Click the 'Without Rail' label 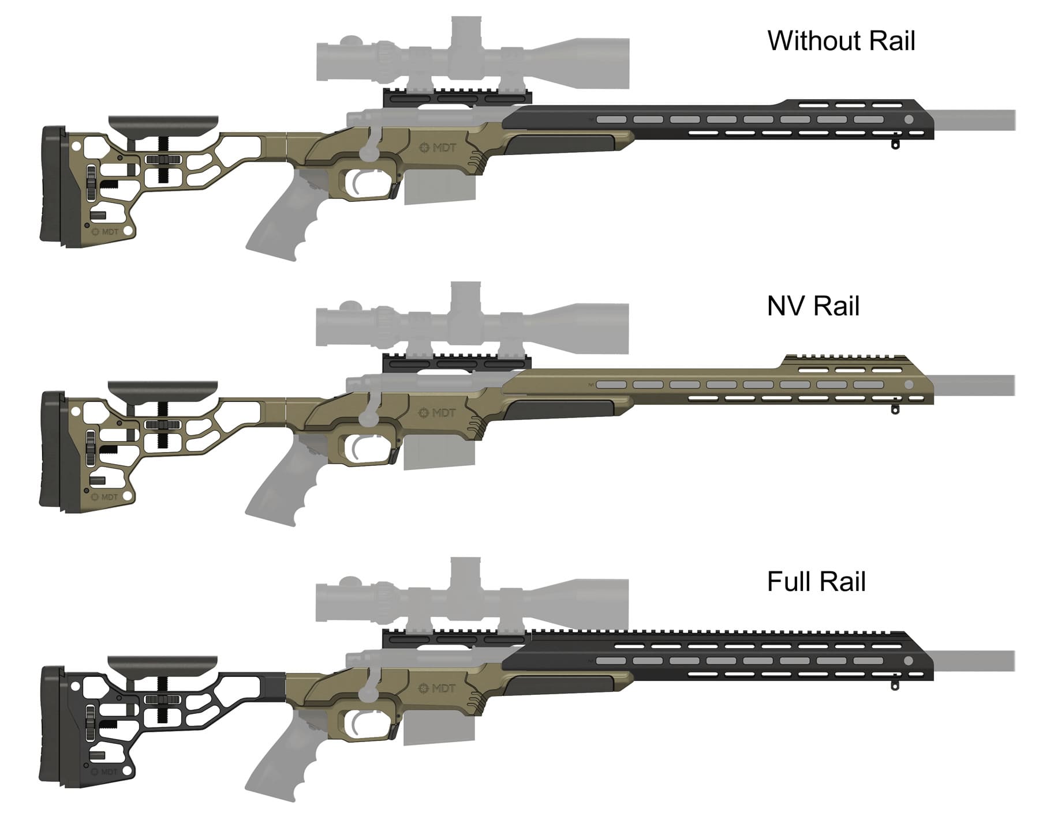tap(841, 41)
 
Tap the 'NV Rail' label tap(813, 306)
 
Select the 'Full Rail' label tap(816, 582)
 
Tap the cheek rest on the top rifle tap(163, 122)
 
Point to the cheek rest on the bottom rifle tap(163, 663)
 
